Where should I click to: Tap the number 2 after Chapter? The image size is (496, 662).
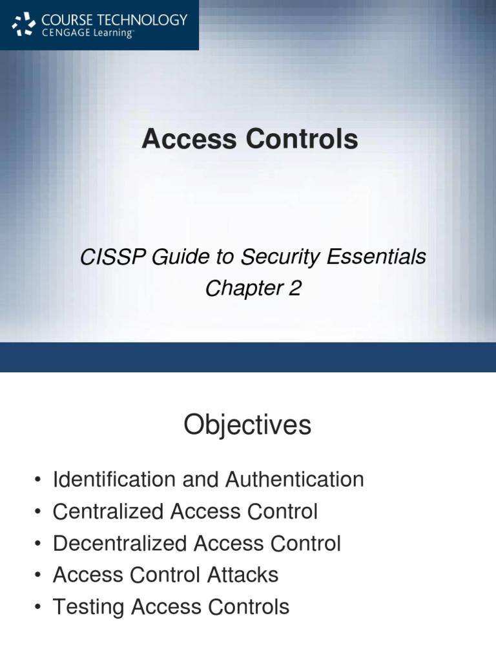(x=295, y=288)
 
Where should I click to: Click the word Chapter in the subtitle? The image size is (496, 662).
(x=244, y=289)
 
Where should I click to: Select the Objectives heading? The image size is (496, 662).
(x=247, y=425)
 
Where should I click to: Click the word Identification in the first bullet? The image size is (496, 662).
(x=114, y=480)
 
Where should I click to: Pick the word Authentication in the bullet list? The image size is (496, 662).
(x=294, y=480)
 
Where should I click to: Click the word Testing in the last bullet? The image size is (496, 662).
(x=88, y=607)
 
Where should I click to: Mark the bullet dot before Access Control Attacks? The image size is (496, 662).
(x=39, y=575)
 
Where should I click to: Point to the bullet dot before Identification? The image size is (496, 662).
(x=39, y=480)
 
